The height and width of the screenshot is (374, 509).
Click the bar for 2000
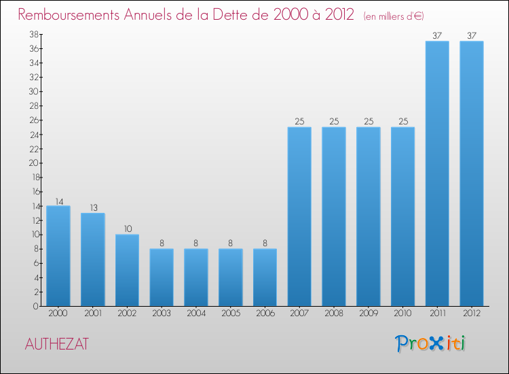coord(58,256)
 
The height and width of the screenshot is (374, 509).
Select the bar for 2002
coord(127,270)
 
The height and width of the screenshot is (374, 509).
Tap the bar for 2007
coord(299,216)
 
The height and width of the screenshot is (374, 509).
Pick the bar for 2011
coord(437,173)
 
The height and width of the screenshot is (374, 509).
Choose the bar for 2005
coord(230,277)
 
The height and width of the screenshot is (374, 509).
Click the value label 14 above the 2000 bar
coord(58,201)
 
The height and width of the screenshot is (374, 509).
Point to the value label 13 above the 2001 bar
coord(93,208)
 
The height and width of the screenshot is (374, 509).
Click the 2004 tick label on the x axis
coord(196,314)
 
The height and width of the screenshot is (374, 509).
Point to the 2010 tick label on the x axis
coord(402,314)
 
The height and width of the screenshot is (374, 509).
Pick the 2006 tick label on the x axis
coord(265,314)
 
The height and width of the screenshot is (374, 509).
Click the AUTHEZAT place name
coord(56,345)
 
